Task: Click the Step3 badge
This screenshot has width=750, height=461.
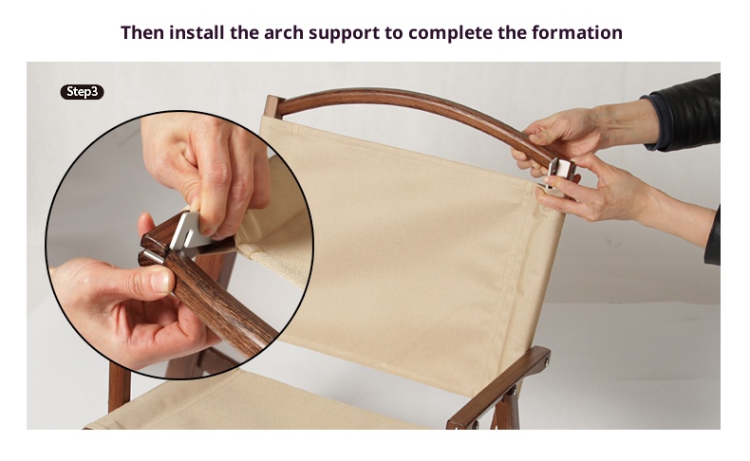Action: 82,92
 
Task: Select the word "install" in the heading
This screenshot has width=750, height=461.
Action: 197,32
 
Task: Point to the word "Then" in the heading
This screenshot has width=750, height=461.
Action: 142,32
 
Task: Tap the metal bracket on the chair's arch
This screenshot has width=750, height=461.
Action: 560,173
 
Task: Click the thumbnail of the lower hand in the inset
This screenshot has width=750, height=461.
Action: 161,281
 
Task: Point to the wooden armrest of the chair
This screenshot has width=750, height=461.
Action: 497,388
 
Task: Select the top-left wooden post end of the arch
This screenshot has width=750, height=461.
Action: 273,106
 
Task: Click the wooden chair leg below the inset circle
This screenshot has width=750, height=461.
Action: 119,388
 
